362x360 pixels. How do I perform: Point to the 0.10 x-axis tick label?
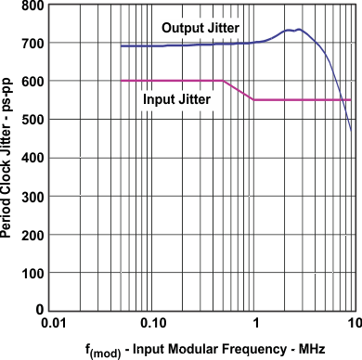(154, 322)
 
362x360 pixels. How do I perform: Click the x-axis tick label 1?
(254, 322)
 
